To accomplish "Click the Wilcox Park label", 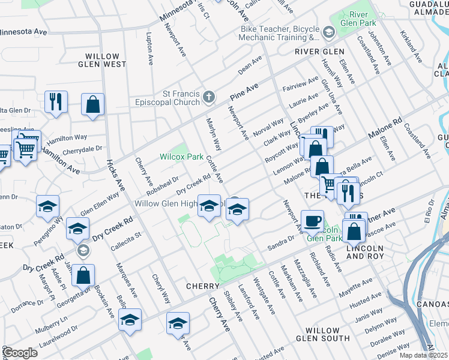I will tap(181, 157).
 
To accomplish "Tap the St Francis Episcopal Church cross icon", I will tap(208, 97).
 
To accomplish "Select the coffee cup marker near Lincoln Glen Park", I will tap(312, 220).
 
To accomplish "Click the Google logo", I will tap(20, 353).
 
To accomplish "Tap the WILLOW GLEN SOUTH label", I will tap(327, 334).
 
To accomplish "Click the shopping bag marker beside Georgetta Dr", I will tap(83, 275).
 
